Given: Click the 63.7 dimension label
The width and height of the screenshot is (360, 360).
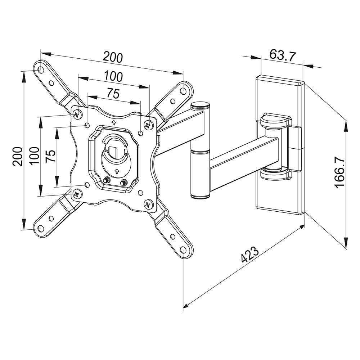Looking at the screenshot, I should pos(282,56).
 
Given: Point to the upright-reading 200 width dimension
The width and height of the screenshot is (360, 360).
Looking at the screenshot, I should pos(113,57).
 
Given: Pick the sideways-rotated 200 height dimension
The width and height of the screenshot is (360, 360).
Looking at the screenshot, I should pos(18,156).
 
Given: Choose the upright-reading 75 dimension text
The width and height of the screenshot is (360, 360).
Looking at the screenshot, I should pos(113,94).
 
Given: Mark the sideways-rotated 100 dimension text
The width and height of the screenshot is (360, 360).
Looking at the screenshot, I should pos(34,156).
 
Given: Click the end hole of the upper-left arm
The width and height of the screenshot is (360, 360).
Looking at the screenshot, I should pos(41,68).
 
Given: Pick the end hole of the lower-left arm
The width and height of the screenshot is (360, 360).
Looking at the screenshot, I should pos(40,228).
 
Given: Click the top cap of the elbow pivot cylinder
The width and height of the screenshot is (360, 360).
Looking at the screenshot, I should pos(200,106).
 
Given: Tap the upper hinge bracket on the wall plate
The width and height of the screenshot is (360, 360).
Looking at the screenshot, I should pos(275,120).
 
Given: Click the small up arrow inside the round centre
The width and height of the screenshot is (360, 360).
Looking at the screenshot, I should pos(116,170).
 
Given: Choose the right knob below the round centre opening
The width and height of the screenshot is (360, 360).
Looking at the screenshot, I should pos(123,182).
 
